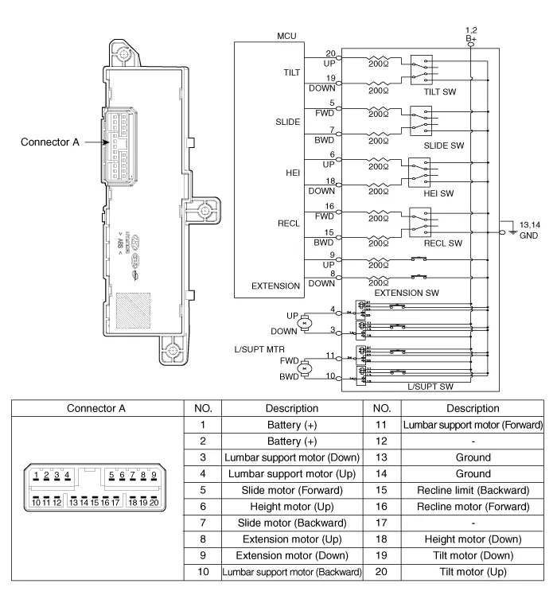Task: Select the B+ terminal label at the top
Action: tap(471, 37)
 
